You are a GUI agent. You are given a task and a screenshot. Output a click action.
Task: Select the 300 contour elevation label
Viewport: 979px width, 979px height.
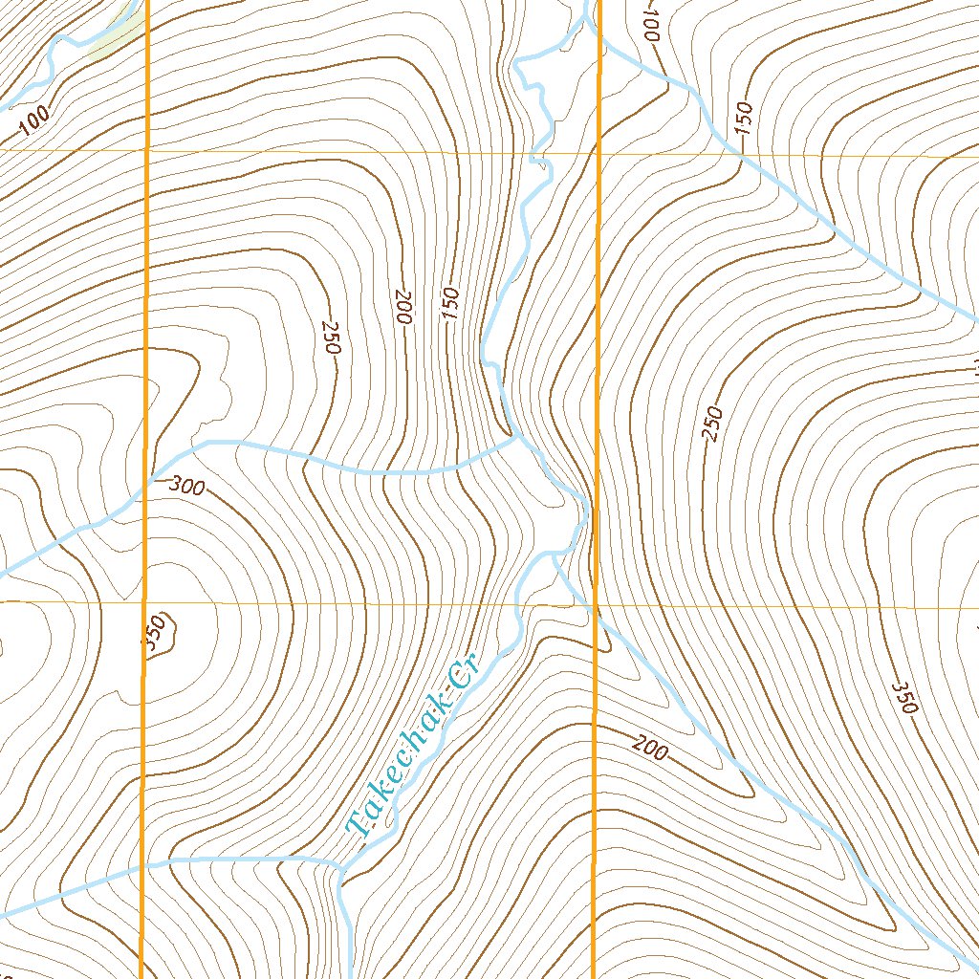pos(186,486)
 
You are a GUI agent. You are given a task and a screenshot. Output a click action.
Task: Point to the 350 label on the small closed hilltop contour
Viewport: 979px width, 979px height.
pos(158,636)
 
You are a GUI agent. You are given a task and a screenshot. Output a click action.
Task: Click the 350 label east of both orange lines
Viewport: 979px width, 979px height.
pos(903,698)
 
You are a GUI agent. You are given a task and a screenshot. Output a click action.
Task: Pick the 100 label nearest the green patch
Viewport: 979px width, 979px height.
pos(34,121)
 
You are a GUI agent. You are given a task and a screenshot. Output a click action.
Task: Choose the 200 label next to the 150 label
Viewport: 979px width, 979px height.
pos(402,306)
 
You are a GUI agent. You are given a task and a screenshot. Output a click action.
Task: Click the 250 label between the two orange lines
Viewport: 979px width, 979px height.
pos(331,337)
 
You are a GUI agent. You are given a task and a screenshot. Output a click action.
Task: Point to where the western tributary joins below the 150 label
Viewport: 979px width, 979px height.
pos(516,440)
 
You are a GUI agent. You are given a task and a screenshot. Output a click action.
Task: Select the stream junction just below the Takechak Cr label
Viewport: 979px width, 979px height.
pos(341,866)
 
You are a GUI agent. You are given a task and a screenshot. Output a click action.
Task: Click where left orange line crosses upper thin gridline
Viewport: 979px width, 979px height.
pos(146,150)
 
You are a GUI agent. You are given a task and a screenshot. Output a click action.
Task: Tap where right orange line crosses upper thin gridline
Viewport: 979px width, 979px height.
pos(598,152)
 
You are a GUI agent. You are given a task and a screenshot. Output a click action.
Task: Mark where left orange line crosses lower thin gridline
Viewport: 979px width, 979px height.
pos(144,603)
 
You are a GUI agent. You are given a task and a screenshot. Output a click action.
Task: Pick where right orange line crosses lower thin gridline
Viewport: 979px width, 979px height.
pos(597,605)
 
